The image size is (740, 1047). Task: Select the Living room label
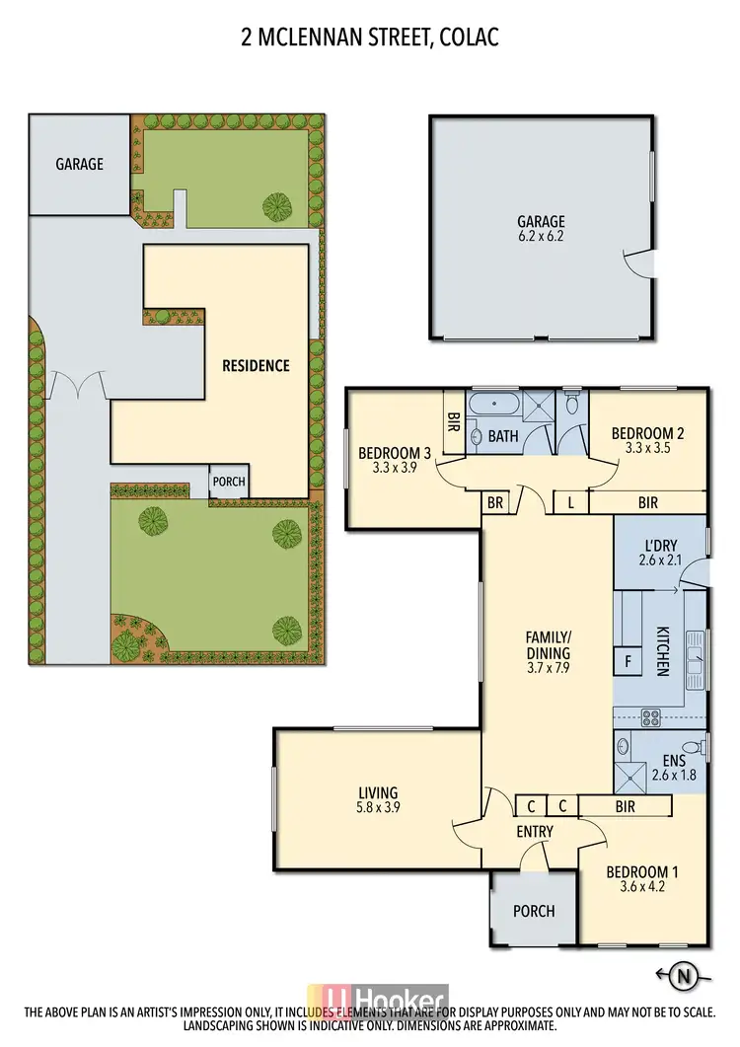pyautogui.click(x=378, y=792)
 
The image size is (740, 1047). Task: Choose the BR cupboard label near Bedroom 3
pyautogui.click(x=494, y=502)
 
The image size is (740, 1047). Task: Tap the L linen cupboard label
pyautogui.click(x=571, y=502)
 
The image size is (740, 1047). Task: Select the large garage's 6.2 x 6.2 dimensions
pyautogui.click(x=542, y=237)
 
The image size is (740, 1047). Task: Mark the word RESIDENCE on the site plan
pyautogui.click(x=256, y=365)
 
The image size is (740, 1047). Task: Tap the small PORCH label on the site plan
pyautogui.click(x=228, y=483)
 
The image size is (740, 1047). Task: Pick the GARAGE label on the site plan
pyautogui.click(x=79, y=164)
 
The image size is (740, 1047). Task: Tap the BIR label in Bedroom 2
pyautogui.click(x=647, y=502)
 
